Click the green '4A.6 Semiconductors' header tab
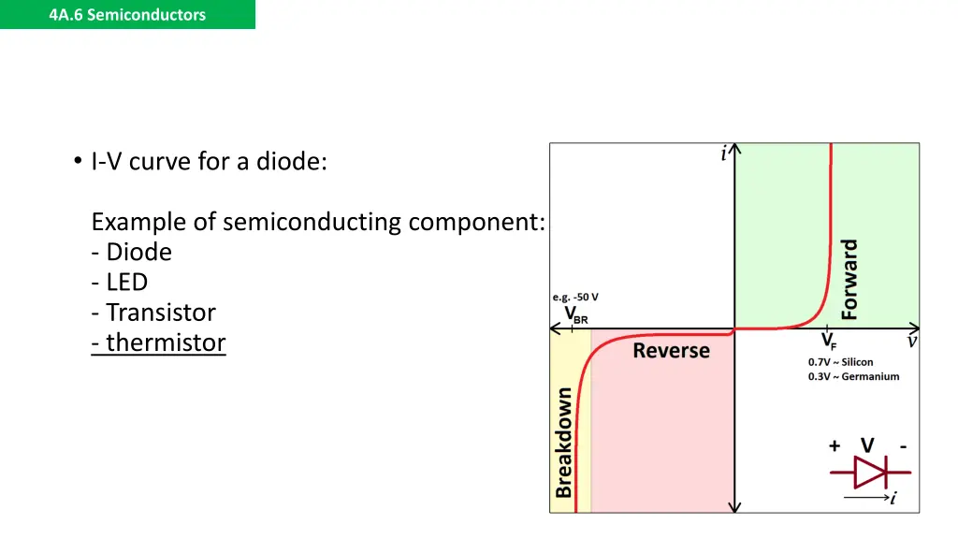pyautogui.click(x=127, y=14)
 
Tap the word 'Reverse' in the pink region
pyautogui.click(x=671, y=351)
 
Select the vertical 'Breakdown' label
pyautogui.click(x=564, y=443)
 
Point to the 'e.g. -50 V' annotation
pyautogui.click(x=575, y=298)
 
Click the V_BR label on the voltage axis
pyautogui.click(x=575, y=314)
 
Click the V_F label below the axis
pyautogui.click(x=829, y=342)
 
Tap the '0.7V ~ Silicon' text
pyautogui.click(x=840, y=362)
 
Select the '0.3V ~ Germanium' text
pyautogui.click(x=853, y=376)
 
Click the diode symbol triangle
pyautogui.click(x=871, y=473)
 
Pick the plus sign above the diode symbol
pyautogui.click(x=834, y=446)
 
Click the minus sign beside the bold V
pyautogui.click(x=903, y=446)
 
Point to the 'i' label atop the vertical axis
pyautogui.click(x=723, y=154)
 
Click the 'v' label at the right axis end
pyautogui.click(x=911, y=342)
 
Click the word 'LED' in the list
pyautogui.click(x=126, y=282)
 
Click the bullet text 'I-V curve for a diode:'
pyautogui.click(x=209, y=162)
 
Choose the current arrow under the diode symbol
pyautogui.click(x=865, y=498)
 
